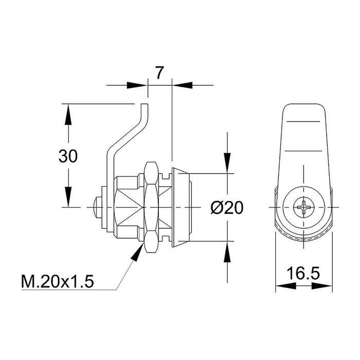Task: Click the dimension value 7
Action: tap(159, 73)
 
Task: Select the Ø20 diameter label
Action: tap(227, 208)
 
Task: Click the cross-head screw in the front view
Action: tap(303, 208)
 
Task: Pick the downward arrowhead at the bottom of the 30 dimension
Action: tap(67, 199)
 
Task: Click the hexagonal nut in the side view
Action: tap(151, 208)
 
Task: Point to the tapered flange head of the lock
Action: tap(182, 208)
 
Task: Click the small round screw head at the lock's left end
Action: tap(97, 208)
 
